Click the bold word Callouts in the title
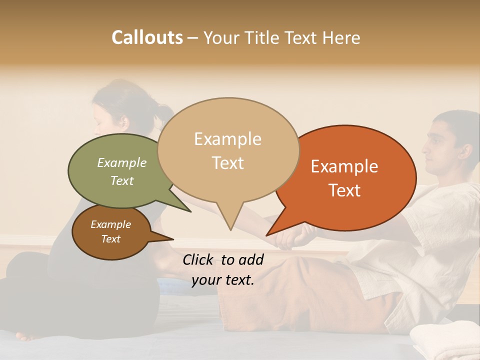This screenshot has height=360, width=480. pos(147,37)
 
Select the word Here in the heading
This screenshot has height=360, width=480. pos(341,37)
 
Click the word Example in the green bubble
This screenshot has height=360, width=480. pos(122,163)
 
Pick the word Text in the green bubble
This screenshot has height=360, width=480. pos(122,180)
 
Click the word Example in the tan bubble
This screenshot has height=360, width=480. pos(227,139)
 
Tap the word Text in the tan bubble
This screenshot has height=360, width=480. pos(227,163)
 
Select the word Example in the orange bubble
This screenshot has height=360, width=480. pos(344,166)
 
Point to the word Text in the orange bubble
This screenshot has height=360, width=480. pos(344,190)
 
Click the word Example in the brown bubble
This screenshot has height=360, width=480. pos(111,224)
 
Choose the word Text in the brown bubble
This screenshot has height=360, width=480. pos(111,239)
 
